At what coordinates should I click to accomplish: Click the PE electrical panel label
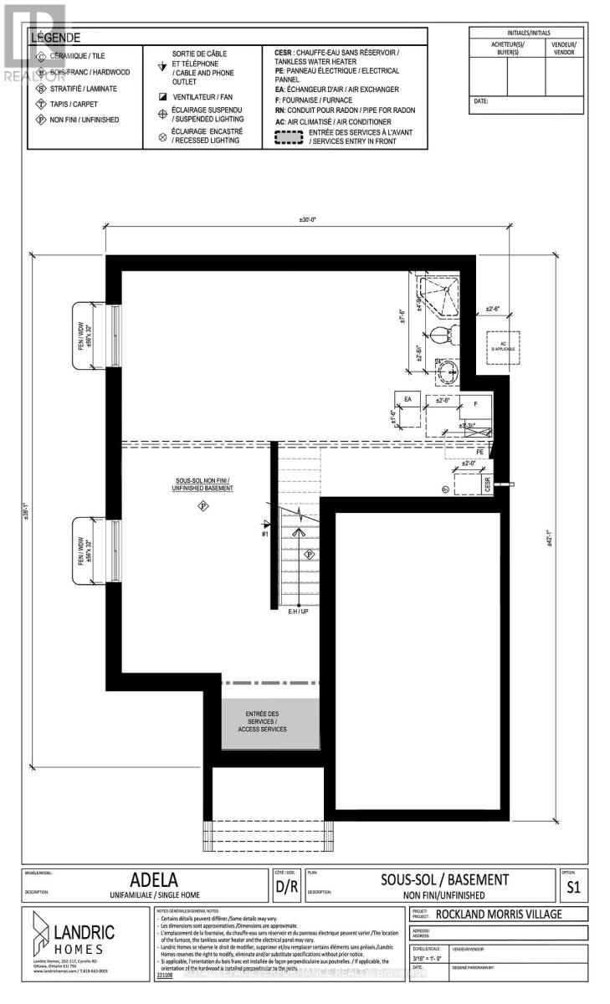click(479, 451)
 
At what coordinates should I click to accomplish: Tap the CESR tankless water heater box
click(486, 484)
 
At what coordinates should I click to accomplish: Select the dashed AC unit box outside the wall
click(504, 345)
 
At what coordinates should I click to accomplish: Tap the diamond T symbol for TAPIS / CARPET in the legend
click(41, 104)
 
